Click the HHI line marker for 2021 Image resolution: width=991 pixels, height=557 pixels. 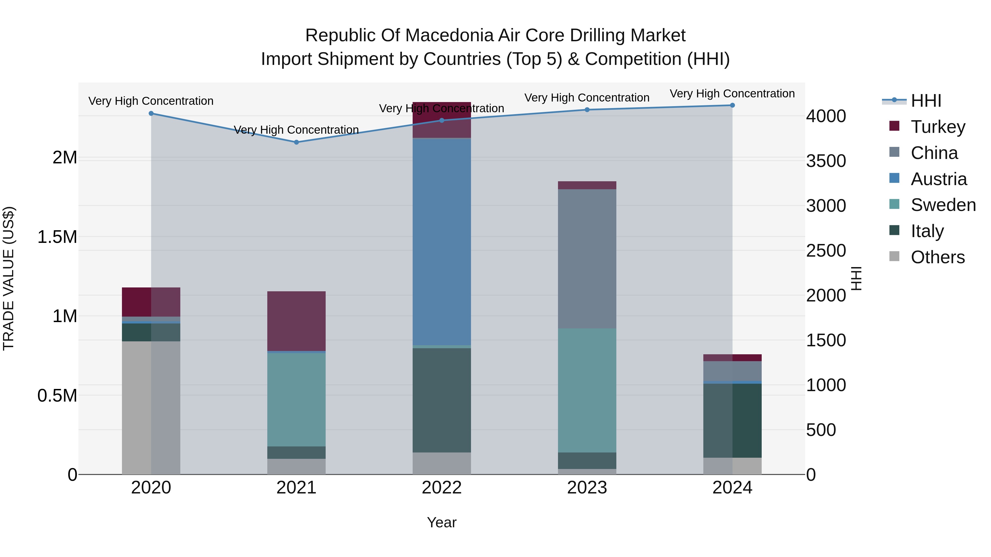click(296, 142)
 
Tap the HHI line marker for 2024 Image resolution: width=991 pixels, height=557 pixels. click(732, 105)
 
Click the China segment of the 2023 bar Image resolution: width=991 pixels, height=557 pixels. click(587, 259)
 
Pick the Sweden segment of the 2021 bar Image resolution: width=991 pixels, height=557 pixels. click(296, 399)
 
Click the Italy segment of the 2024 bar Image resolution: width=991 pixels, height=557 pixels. click(732, 421)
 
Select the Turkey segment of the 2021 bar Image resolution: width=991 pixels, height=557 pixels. click(296, 321)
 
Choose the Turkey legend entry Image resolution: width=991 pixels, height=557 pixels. click(938, 127)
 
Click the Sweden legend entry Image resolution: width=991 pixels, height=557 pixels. click(943, 205)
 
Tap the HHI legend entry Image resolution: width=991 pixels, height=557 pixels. click(925, 101)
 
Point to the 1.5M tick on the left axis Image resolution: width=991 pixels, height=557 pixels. click(57, 237)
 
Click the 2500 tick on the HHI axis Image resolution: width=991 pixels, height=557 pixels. click(826, 251)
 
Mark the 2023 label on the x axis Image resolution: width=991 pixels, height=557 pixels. click(587, 488)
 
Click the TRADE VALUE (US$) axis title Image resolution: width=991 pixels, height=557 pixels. click(9, 278)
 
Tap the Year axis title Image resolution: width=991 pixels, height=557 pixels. click(442, 522)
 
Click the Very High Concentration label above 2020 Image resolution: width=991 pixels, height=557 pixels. click(151, 101)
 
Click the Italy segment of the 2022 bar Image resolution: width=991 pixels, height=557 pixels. click(442, 400)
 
